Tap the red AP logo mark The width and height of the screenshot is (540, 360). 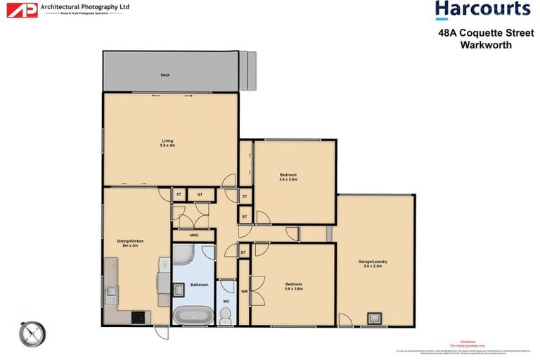(x=27, y=11)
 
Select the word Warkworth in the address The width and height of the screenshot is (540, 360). (x=485, y=44)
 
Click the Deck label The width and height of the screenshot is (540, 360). (x=165, y=75)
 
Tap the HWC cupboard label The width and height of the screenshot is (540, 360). (x=193, y=235)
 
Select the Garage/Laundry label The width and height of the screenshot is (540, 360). (x=375, y=263)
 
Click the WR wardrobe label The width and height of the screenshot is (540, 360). (x=244, y=291)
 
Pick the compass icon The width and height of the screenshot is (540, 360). (x=32, y=334)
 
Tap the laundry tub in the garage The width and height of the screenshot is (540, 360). (x=373, y=319)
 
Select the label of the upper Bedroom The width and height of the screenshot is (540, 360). (x=288, y=176)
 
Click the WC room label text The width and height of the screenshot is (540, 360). (x=226, y=302)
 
